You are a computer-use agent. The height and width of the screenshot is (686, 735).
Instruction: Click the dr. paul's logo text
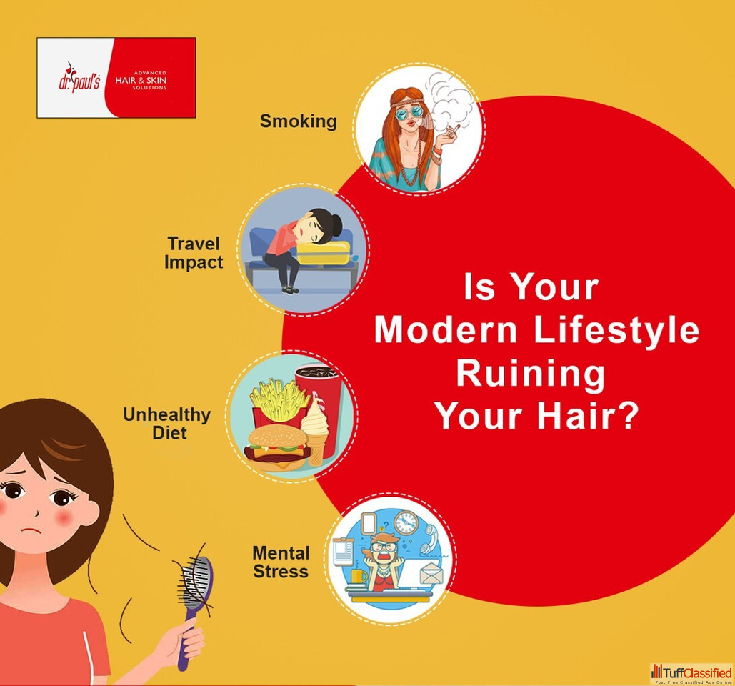coord(79,79)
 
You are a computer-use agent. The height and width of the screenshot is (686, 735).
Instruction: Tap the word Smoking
coord(298,121)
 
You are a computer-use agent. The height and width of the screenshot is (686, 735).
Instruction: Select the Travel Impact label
coord(194,253)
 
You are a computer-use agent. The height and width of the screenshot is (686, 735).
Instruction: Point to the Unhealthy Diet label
coord(167,424)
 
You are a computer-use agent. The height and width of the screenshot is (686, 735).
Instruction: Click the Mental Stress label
coord(281,562)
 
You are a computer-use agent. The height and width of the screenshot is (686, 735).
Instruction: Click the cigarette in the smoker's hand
coord(454,128)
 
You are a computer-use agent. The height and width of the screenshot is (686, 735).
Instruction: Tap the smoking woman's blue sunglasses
coord(409,114)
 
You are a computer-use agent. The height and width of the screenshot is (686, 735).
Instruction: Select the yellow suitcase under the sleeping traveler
coord(324,253)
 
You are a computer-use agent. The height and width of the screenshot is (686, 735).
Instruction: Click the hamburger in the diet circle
coord(277,449)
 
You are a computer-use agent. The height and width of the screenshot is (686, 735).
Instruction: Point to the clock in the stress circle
coord(406,522)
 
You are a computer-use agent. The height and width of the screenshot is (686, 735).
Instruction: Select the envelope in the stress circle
coord(431,573)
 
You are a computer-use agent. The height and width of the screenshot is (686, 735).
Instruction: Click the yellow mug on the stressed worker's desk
coord(359,576)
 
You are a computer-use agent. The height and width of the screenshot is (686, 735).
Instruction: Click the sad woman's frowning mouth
coord(31,530)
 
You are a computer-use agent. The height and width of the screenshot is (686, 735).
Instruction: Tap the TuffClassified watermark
coord(691,675)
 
